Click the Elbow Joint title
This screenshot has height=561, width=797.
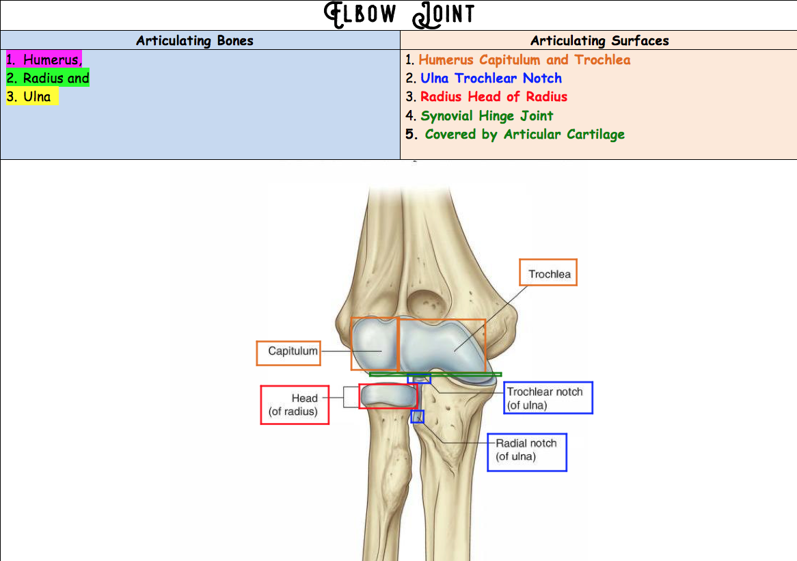click(x=399, y=14)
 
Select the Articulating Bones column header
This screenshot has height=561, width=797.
click(x=195, y=40)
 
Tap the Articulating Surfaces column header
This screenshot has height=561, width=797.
click(x=599, y=40)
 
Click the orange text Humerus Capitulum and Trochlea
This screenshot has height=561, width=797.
click(x=524, y=59)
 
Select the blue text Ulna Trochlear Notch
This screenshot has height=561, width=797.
click(x=491, y=78)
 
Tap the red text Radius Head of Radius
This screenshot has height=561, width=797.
click(x=494, y=96)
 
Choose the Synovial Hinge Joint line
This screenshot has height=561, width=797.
click(x=487, y=115)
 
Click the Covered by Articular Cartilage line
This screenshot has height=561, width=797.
click(x=524, y=134)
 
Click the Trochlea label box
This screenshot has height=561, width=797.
click(x=548, y=273)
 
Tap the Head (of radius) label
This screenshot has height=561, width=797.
click(x=295, y=405)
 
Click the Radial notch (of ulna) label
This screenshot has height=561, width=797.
click(x=527, y=450)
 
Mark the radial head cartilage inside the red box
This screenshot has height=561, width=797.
click(x=388, y=395)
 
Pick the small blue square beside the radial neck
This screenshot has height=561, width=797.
click(x=417, y=416)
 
